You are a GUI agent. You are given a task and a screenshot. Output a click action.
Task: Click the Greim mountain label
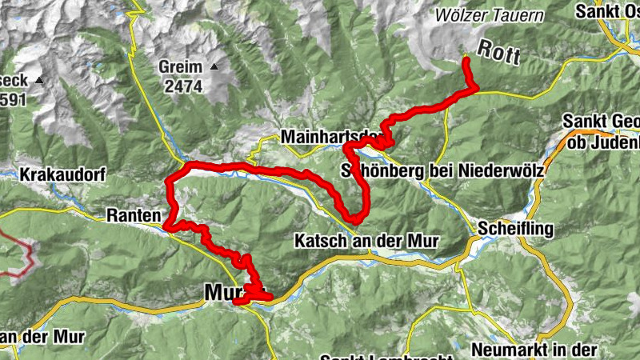pos(180,66)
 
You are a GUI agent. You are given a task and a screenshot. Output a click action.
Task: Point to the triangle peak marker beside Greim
pos(214,66)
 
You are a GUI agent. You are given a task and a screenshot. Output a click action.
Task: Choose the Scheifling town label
pos(516,230)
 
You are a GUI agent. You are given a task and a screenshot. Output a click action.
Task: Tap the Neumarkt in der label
pos(534,349)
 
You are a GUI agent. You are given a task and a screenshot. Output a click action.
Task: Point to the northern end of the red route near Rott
pos(466,59)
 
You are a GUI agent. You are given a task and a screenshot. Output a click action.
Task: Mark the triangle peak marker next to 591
pos(38,80)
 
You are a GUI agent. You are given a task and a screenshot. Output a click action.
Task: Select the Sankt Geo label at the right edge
pos(601,122)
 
